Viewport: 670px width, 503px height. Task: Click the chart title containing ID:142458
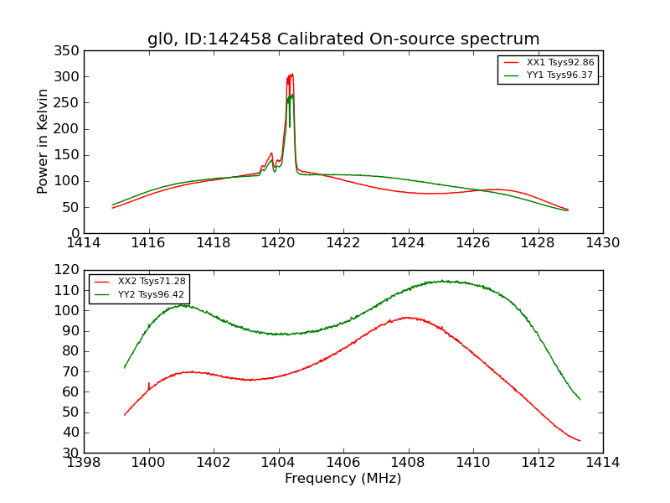click(x=343, y=39)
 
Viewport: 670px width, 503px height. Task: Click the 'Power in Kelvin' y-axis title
click(x=43, y=141)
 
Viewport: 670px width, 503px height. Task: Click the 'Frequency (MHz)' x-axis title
click(x=343, y=479)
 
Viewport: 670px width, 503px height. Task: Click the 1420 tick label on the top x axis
click(x=278, y=243)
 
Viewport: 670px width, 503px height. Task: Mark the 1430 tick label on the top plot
click(x=602, y=243)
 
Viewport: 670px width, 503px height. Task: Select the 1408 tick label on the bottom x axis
click(x=408, y=463)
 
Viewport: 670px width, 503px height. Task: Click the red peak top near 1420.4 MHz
click(x=291, y=75)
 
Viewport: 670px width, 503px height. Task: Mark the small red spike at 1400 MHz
click(x=149, y=383)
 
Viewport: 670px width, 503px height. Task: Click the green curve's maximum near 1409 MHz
click(x=442, y=281)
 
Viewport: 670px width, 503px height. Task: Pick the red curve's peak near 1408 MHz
click(x=406, y=317)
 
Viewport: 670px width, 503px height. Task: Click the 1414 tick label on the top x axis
click(x=84, y=243)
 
